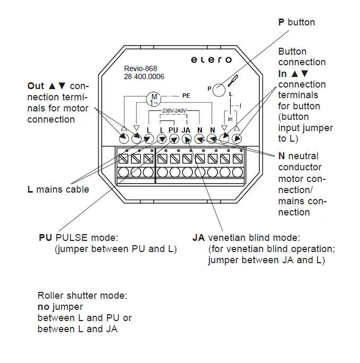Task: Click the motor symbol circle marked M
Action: (x=153, y=98)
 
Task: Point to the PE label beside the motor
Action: (x=186, y=96)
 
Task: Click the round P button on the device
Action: (x=219, y=89)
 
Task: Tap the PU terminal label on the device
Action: (x=173, y=129)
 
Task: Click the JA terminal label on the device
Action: (x=186, y=129)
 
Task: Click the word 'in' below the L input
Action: (x=230, y=119)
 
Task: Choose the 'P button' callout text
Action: (x=296, y=22)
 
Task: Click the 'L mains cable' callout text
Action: (x=58, y=189)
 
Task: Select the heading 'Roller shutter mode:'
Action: (x=82, y=296)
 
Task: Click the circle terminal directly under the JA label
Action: (x=187, y=139)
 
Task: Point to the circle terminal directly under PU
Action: (x=174, y=139)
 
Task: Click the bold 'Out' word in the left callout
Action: (x=36, y=86)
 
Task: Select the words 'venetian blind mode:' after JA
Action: (x=254, y=237)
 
